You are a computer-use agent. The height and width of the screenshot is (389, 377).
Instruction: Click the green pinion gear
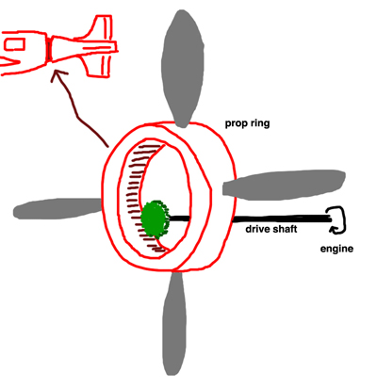(x=155, y=219)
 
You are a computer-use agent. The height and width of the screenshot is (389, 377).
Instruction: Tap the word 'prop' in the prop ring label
(x=236, y=123)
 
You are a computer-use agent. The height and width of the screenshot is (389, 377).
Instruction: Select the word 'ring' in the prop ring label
(x=259, y=123)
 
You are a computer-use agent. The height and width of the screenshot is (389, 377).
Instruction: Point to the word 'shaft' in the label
(x=284, y=229)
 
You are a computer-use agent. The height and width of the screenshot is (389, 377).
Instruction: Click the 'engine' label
(x=336, y=249)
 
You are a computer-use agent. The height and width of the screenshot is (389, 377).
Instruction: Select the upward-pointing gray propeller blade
(x=182, y=68)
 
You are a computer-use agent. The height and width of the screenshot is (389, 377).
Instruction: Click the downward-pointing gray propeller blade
(x=173, y=323)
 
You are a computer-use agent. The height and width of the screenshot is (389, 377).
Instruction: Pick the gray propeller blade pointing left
(x=58, y=208)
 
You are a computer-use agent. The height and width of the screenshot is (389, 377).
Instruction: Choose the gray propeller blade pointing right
(x=284, y=185)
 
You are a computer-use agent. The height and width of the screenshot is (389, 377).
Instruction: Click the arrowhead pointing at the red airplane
(x=58, y=75)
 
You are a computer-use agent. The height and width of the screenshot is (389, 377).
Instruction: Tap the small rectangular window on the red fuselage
(x=14, y=44)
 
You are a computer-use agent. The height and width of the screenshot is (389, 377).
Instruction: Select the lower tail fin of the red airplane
(x=97, y=64)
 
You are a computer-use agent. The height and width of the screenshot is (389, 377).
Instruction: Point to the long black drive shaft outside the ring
(x=282, y=219)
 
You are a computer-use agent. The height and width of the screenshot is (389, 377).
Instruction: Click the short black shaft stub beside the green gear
(x=179, y=219)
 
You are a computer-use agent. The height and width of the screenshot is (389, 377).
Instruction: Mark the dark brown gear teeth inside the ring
(x=143, y=198)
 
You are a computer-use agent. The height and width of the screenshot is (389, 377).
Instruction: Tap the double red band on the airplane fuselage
(x=49, y=49)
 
